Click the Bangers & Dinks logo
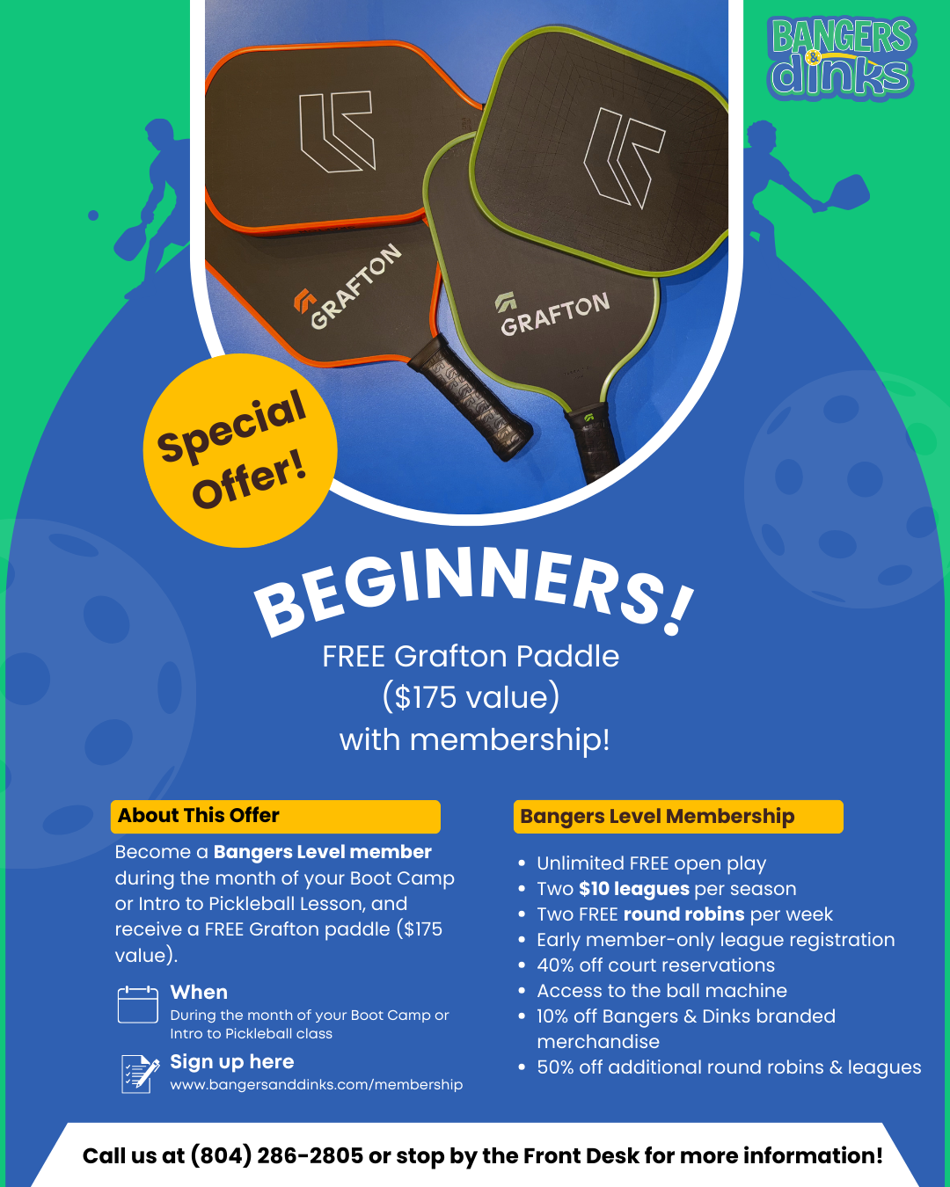coord(842,58)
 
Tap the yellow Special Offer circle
coord(240,450)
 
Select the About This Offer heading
coord(199,815)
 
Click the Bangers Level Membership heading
coord(657,816)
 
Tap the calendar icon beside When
coord(138,1005)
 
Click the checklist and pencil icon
coord(140,1074)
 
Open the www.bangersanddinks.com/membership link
coord(317,1084)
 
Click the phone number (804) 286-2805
coord(277,1155)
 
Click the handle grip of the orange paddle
coord(470,397)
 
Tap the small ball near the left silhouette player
coord(93,215)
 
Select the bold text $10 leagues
coord(634,889)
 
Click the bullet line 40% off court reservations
coord(656,965)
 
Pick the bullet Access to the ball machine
coord(661,991)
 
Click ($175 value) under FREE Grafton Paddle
coord(471,697)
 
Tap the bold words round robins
coord(684,914)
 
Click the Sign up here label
coord(232,1062)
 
